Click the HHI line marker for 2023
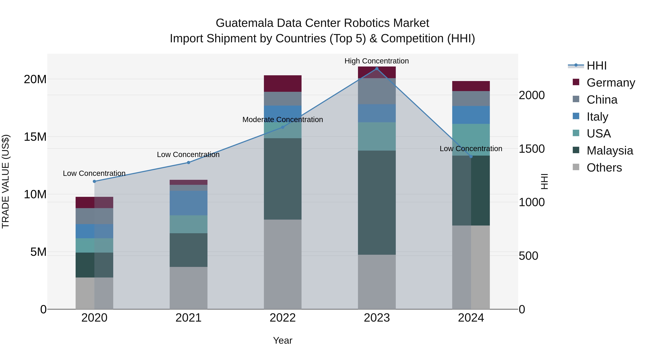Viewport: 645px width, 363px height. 377,69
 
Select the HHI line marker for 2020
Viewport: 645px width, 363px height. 94,181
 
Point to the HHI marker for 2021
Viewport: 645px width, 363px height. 188,163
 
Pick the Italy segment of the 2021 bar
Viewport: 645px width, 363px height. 188,203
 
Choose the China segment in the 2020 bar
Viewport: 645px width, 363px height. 94,216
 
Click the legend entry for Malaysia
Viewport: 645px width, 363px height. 610,151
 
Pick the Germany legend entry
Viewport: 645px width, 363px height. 610,83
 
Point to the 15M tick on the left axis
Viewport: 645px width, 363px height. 35,137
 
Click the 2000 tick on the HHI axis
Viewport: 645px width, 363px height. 531,95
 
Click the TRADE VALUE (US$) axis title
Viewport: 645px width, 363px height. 6,181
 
